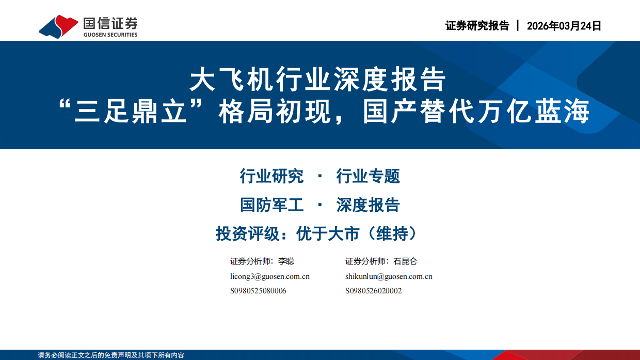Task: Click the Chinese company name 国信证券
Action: click(x=110, y=23)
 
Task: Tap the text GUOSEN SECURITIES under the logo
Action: click(x=110, y=35)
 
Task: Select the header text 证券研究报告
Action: click(x=477, y=26)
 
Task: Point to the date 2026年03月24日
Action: click(x=564, y=26)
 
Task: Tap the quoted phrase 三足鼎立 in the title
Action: click(x=130, y=113)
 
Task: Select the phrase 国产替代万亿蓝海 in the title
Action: click(x=476, y=113)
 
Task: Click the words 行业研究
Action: click(x=271, y=176)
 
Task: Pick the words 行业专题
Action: click(x=368, y=176)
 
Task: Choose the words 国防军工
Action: click(x=271, y=205)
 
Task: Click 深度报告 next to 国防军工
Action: click(x=368, y=205)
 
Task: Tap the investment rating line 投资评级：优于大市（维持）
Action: click(x=316, y=234)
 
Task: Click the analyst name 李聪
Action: click(x=286, y=261)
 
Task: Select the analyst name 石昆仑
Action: click(x=405, y=261)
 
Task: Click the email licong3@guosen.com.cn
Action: click(x=270, y=276)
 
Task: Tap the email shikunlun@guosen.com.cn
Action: click(x=389, y=276)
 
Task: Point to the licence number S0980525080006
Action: click(x=258, y=291)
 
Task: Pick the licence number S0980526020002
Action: click(x=373, y=291)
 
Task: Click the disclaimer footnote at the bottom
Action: click(x=111, y=355)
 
